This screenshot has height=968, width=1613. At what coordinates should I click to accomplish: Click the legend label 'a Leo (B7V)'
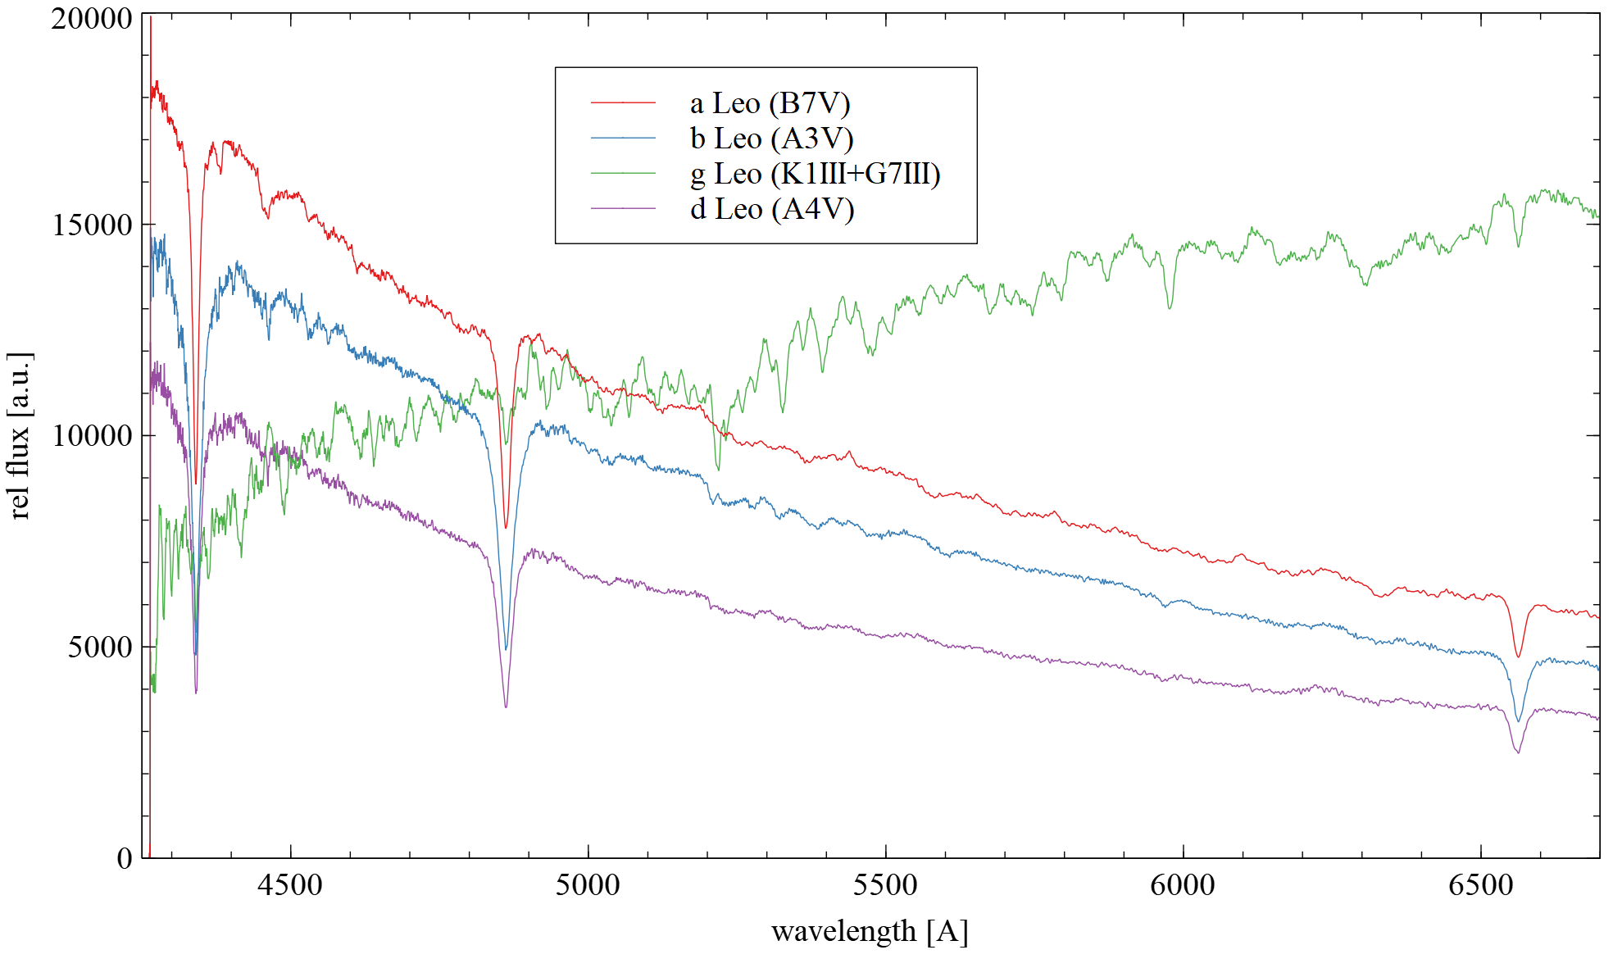(770, 103)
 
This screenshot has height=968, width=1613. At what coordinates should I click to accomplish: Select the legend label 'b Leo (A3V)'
(771, 139)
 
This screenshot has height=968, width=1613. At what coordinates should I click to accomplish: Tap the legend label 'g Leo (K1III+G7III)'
(815, 174)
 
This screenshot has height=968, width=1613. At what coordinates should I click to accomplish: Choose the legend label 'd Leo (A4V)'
(772, 209)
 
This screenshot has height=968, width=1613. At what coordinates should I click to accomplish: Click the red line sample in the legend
(623, 102)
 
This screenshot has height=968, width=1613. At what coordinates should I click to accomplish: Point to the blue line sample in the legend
(623, 138)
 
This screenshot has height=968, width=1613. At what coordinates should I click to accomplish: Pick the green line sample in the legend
(623, 173)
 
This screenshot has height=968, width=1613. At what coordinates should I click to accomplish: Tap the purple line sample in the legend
(623, 208)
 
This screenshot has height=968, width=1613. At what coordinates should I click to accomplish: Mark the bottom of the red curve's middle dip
(506, 527)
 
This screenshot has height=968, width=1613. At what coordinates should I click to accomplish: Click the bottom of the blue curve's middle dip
(506, 649)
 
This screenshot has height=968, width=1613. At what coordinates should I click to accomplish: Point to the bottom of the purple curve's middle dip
(506, 707)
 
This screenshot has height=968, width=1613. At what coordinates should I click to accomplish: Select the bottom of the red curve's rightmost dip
(1518, 657)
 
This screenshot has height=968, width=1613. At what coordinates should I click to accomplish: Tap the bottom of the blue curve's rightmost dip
(1518, 721)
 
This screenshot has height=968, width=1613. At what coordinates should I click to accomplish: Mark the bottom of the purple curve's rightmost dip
(1518, 752)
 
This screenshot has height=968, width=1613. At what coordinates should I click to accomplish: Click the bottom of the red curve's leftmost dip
(196, 484)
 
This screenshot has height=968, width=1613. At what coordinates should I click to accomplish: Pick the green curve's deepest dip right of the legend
(1170, 308)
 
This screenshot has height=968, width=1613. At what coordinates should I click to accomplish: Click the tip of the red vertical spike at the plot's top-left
(151, 16)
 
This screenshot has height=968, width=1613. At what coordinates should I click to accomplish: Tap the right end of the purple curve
(1598, 719)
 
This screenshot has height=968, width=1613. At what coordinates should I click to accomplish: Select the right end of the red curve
(1598, 617)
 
